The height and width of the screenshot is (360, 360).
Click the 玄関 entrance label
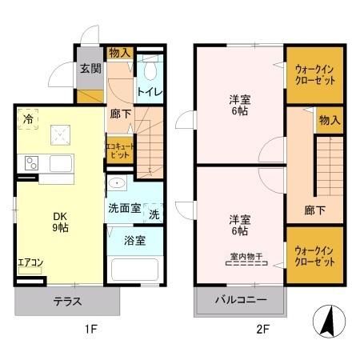coord(89,69)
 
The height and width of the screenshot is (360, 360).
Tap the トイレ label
coord(150,92)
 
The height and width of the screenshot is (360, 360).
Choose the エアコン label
coord(31,262)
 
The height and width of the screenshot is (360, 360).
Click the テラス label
coord(68,302)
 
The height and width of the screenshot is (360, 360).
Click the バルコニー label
coord(239,302)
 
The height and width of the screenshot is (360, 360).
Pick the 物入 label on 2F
coord(329,120)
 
